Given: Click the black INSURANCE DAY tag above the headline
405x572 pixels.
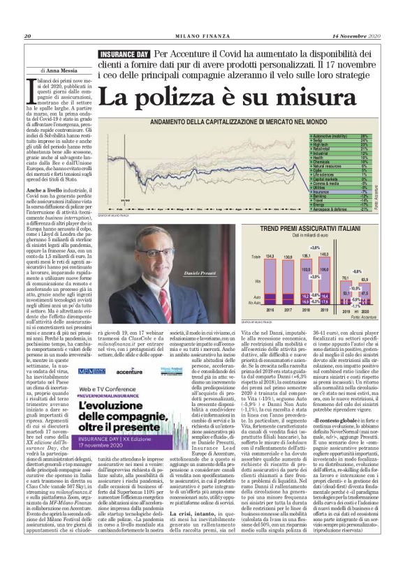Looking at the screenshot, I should pyautogui.click(x=125, y=55).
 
